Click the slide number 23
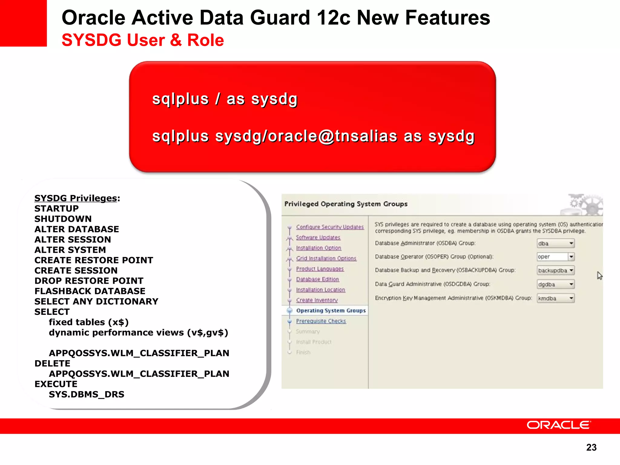click(591, 447)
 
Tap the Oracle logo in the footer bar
click(559, 425)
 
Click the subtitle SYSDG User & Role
click(143, 40)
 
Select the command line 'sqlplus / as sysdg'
click(225, 99)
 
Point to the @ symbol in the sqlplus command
click(326, 136)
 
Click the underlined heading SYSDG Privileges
click(76, 198)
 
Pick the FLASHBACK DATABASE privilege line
click(90, 291)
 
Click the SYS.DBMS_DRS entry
click(87, 394)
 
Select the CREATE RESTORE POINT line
click(94, 260)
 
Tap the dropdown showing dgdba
click(556, 284)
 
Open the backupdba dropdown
click(556, 270)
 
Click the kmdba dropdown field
click(556, 298)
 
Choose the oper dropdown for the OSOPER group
click(556, 257)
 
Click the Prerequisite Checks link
click(321, 321)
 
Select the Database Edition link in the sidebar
click(317, 279)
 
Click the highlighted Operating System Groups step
click(331, 311)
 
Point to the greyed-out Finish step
click(303, 352)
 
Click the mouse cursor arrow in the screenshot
click(599, 275)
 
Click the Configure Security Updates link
click(330, 227)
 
